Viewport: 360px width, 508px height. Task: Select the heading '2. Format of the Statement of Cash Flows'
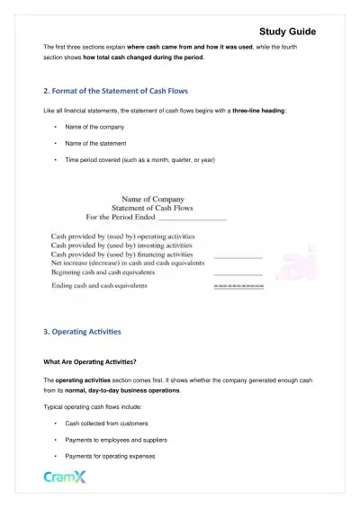[118, 91]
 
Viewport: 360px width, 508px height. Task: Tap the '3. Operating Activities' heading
[82, 332]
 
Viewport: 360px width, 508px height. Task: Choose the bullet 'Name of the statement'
[96, 144]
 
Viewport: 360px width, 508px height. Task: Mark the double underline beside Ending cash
[238, 288]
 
